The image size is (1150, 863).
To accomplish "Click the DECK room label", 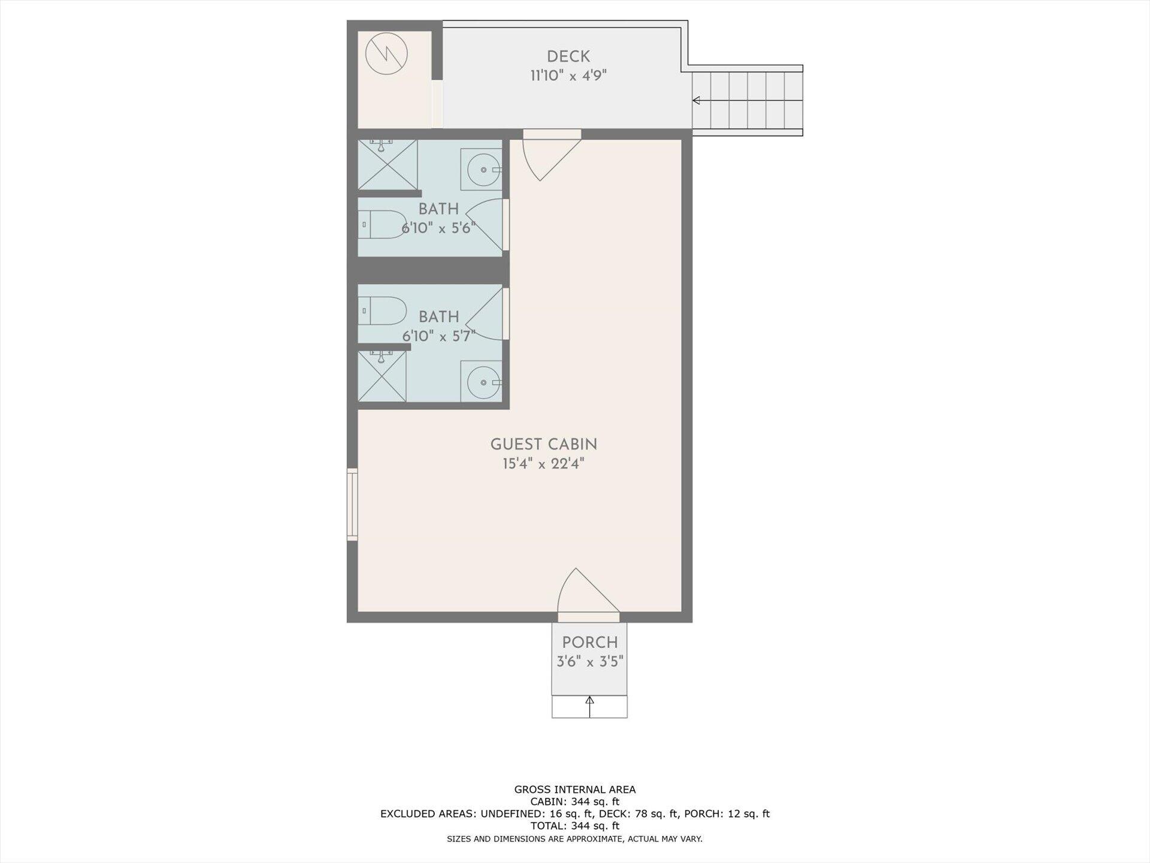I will [x=568, y=57].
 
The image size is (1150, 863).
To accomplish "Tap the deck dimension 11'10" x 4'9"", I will [x=568, y=76].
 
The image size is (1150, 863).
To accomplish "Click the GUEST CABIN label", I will [x=543, y=445].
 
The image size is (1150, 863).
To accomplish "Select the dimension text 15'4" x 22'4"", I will [x=543, y=464].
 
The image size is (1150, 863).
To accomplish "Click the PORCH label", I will [x=589, y=642].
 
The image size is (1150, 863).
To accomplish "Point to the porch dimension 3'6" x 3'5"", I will [x=589, y=662].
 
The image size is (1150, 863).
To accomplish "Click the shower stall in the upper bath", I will [x=388, y=165].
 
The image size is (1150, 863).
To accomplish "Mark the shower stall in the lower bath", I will [x=382, y=377].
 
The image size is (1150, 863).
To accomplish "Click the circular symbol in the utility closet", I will [x=386, y=54].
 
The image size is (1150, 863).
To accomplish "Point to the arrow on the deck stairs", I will [x=697, y=100].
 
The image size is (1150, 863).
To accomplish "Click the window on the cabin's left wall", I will [x=352, y=505].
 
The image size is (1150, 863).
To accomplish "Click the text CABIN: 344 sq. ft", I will [x=574, y=802].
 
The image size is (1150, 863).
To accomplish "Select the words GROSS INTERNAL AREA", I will [x=574, y=790].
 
